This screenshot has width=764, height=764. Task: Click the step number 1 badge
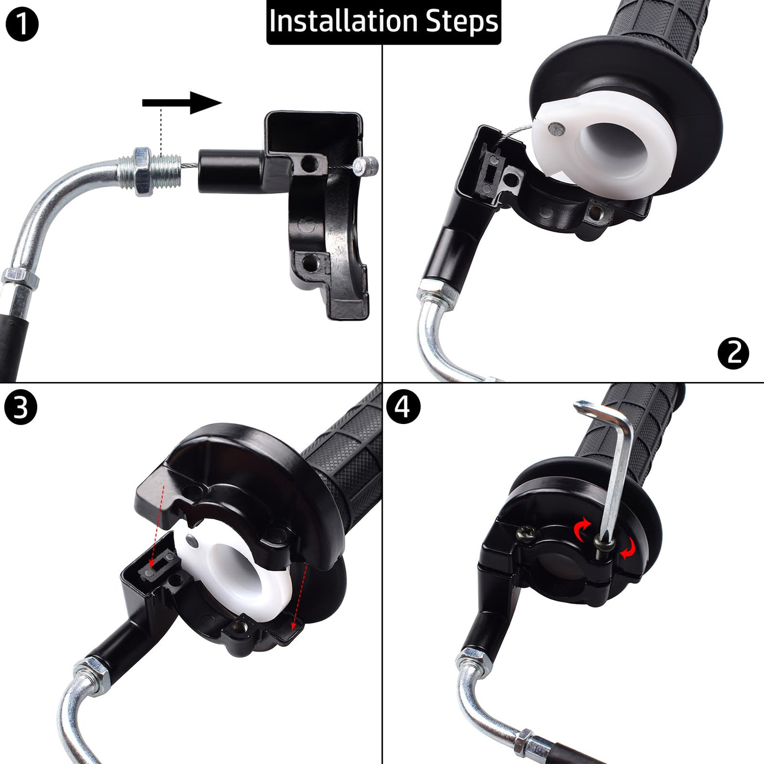pyautogui.click(x=22, y=25)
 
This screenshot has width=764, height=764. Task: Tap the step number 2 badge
pyautogui.click(x=733, y=353)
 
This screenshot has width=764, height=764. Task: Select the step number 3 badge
pyautogui.click(x=21, y=408)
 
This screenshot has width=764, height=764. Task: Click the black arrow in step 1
pyautogui.click(x=182, y=103)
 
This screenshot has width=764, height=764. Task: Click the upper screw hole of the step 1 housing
pyautogui.click(x=309, y=163)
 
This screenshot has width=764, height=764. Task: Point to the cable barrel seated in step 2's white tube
pyautogui.click(x=557, y=128)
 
